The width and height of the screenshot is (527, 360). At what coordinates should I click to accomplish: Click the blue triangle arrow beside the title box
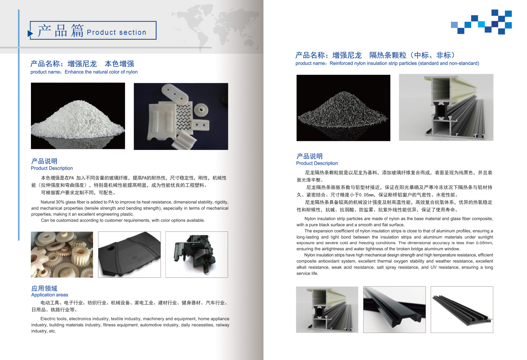30,33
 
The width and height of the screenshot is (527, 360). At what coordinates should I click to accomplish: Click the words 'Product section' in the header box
117,32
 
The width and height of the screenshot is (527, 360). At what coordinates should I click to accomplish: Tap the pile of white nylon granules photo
78,116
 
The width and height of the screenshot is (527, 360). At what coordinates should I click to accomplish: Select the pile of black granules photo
343,108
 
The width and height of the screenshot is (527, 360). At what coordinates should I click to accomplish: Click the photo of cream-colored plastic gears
62,254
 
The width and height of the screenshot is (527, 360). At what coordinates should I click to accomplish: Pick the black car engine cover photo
129,254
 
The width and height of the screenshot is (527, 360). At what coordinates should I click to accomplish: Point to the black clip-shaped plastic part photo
197,254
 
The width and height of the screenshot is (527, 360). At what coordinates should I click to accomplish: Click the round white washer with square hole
201,110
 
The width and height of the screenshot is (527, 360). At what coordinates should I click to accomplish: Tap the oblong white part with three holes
175,94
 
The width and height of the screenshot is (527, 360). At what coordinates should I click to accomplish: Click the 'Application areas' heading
50,295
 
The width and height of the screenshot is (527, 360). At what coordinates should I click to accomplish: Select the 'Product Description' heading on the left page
52,168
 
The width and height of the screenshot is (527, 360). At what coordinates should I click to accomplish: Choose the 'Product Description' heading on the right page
317,163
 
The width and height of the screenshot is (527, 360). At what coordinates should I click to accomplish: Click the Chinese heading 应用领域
44,288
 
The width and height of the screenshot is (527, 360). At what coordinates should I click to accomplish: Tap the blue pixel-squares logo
481,22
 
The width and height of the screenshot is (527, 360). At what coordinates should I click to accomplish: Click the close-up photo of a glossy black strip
395,309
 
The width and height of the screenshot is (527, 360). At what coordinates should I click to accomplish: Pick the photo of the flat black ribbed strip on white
462,309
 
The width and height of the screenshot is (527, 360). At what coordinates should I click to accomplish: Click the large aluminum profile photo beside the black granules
446,107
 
